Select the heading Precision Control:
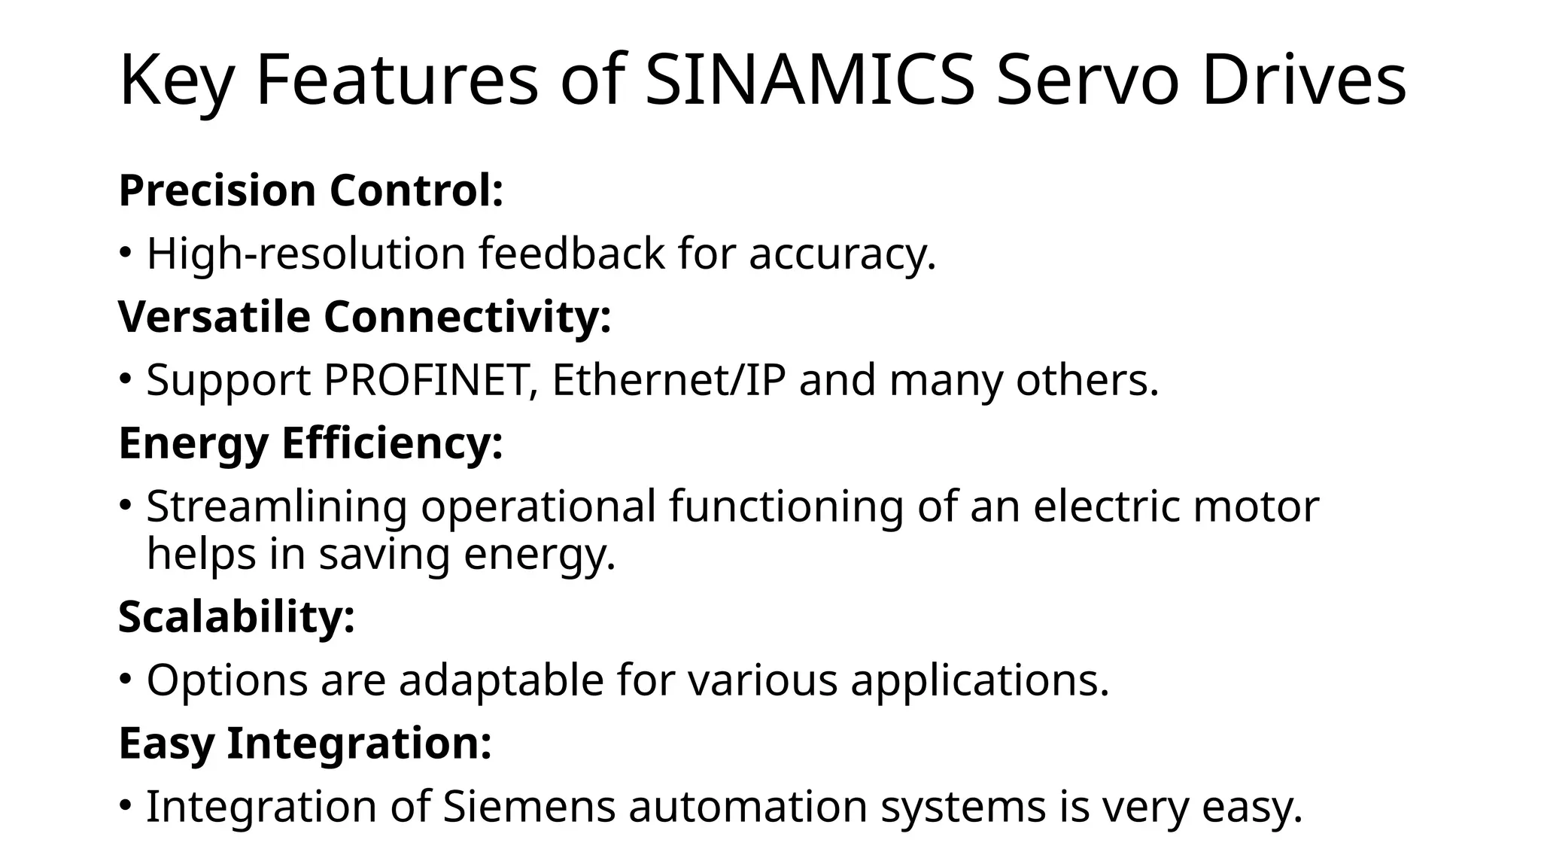pyautogui.click(x=311, y=190)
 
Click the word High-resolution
pyautogui.click(x=306, y=254)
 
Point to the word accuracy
pyautogui.click(x=842, y=255)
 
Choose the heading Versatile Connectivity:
pyautogui.click(x=365, y=317)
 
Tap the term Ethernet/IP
pyautogui.click(x=668, y=380)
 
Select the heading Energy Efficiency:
pyautogui.click(x=311, y=443)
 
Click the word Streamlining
pyautogui.click(x=276, y=507)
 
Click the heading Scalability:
pyautogui.click(x=236, y=617)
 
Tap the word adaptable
pyautogui.click(x=501, y=680)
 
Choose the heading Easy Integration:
pyautogui.click(x=305, y=744)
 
